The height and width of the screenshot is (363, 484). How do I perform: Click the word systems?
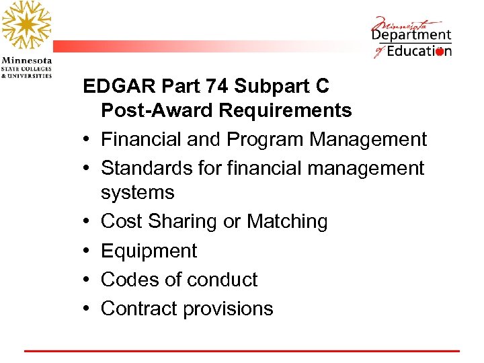[137, 193]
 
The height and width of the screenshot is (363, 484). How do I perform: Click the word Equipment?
[149, 251]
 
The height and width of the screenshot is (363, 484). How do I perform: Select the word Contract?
[138, 309]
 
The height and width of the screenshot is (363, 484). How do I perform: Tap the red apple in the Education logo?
[440, 51]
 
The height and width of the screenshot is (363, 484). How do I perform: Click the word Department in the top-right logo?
[411, 35]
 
